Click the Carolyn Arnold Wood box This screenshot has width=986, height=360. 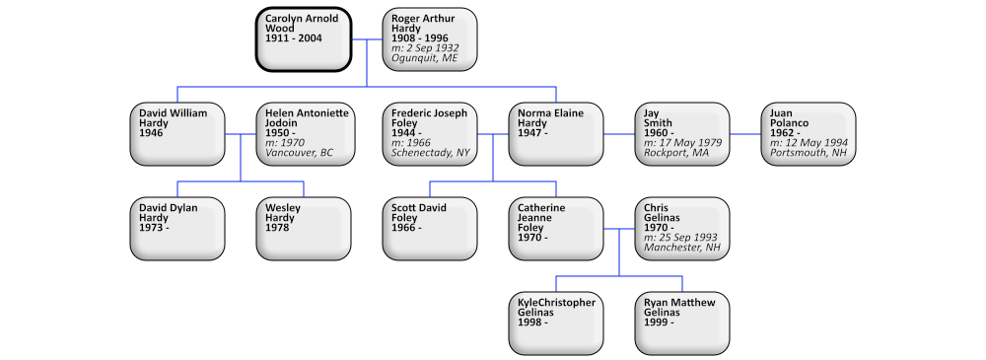pos(304,38)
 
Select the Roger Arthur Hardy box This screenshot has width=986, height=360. pos(430,38)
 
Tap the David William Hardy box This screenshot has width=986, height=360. pos(177,133)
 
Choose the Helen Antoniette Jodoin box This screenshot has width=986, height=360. pos(304,133)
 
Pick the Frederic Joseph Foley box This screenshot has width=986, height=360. pos(430,133)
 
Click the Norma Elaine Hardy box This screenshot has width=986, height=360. pos(556,133)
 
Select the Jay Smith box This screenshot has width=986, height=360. pos(682,133)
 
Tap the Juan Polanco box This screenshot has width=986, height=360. pos(809,133)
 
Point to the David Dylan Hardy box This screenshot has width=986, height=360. pos(177,228)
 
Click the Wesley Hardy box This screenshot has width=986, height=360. pos(304,228)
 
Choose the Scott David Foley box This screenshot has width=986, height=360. pos(430,228)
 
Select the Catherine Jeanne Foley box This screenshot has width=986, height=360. pos(556,228)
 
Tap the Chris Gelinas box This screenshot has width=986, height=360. pos(682,228)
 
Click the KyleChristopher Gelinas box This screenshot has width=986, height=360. pos(556,323)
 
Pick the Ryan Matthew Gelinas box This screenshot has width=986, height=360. pos(682,323)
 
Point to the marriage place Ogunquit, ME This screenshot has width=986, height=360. pos(425,58)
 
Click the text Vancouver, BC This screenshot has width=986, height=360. pos(300,153)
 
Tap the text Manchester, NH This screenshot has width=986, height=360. pos(681,248)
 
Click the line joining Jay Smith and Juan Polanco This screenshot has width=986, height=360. pos(745,133)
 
